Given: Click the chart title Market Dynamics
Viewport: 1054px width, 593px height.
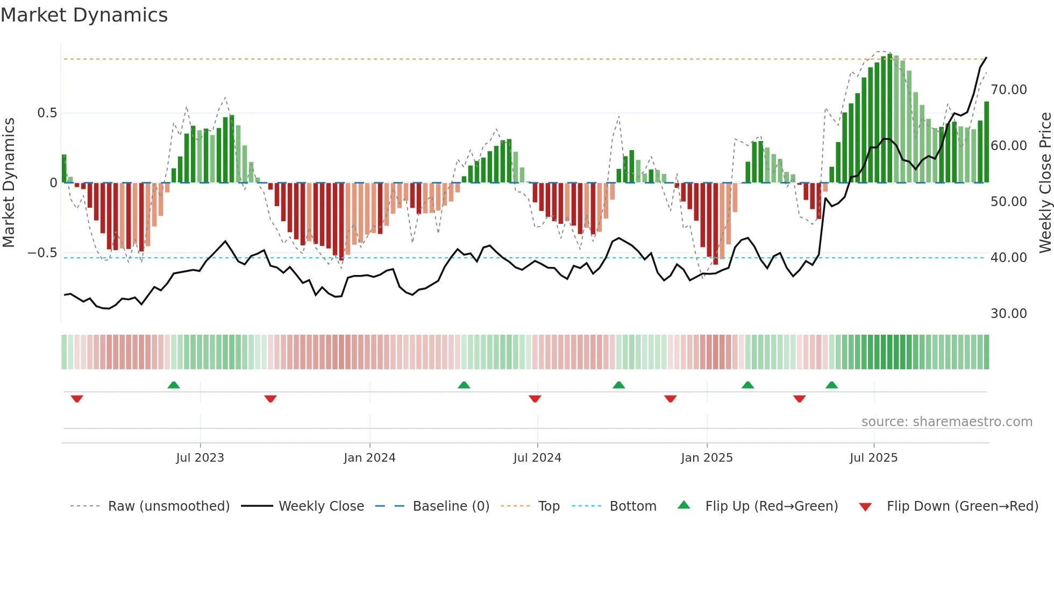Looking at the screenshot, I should [x=84, y=15].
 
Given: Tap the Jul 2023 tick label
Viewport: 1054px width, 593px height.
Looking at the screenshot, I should [x=200, y=457].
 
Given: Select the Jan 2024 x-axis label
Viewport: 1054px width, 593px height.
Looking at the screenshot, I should [x=369, y=457].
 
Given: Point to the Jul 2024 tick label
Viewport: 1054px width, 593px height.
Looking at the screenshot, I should [x=537, y=457].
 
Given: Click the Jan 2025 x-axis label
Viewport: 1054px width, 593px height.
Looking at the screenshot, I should [x=707, y=457].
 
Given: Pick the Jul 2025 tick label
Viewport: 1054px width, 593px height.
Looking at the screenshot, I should [x=873, y=457].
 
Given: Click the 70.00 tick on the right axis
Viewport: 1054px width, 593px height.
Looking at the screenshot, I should [x=1008, y=89].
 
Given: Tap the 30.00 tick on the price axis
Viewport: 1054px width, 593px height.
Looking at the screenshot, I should [x=1008, y=313].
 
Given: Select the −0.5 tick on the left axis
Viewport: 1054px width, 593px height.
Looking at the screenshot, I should [x=42, y=253].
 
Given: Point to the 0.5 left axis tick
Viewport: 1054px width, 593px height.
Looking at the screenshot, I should [x=47, y=113].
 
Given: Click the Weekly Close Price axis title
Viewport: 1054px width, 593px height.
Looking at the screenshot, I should [x=1045, y=182].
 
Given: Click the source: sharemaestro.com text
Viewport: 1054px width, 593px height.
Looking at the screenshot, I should [x=946, y=421].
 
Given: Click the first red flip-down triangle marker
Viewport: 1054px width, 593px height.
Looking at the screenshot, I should [x=77, y=398].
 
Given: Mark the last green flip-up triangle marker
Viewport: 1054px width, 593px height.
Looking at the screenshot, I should [x=831, y=385].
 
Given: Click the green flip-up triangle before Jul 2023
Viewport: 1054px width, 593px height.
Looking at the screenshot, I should [x=174, y=385].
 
